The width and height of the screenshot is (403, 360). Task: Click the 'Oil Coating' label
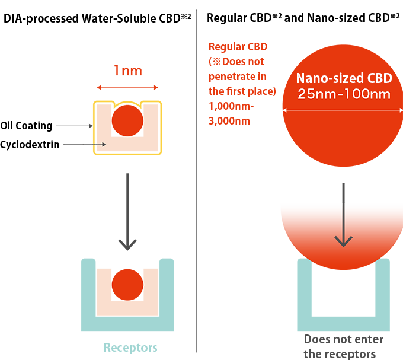click(x=27, y=126)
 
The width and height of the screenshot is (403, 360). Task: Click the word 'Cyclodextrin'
click(x=30, y=144)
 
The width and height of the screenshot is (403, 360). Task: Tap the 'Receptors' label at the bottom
click(x=130, y=348)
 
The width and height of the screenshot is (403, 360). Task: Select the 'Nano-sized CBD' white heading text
click(x=343, y=79)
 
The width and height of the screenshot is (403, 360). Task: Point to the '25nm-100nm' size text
click(x=343, y=94)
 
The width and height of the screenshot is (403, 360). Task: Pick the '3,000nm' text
click(x=229, y=121)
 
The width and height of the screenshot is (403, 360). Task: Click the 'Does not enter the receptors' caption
click(x=343, y=346)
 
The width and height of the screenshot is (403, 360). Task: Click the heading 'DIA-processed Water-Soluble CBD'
click(x=97, y=17)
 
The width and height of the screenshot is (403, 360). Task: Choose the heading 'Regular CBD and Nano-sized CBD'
click(x=302, y=17)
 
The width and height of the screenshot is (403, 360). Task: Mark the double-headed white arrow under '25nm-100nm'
click(x=343, y=110)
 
